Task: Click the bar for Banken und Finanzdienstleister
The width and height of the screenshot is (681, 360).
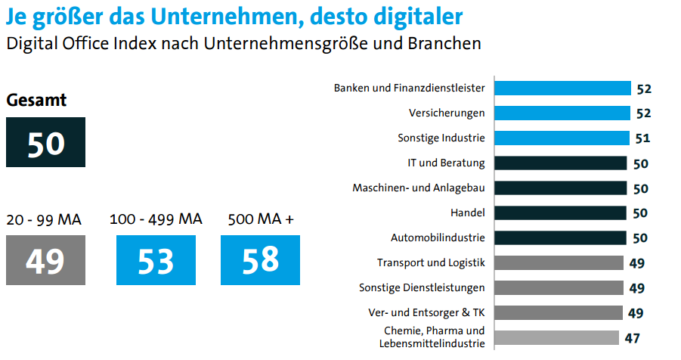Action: pos(562,88)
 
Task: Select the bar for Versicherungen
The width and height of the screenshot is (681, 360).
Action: pos(562,113)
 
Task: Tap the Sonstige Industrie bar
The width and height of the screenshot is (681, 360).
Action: pos(562,138)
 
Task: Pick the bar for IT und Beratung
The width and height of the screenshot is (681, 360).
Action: pos(561,163)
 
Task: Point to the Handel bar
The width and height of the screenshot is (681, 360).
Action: pos(561,213)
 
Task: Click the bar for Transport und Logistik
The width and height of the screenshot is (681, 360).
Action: pos(559,262)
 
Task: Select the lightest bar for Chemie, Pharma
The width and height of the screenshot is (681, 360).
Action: pos(557,337)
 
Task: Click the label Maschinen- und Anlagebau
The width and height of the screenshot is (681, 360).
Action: pos(419,188)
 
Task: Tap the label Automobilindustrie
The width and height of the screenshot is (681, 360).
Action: pos(438,237)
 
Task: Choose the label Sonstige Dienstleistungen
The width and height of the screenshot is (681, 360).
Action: pos(422,287)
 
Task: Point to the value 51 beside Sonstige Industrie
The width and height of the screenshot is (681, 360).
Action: pos(642,138)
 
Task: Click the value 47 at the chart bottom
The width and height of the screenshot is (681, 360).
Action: pos(632,338)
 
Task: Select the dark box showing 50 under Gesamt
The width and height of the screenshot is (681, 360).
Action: pos(46,142)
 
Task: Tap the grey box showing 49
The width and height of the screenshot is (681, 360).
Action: pos(45,260)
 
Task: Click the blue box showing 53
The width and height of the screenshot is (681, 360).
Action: pos(156,260)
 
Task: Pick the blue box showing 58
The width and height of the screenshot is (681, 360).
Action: pos(260,260)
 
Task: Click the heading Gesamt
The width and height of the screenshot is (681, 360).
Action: pos(37,100)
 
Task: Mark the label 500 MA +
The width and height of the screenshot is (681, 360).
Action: pos(260,220)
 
